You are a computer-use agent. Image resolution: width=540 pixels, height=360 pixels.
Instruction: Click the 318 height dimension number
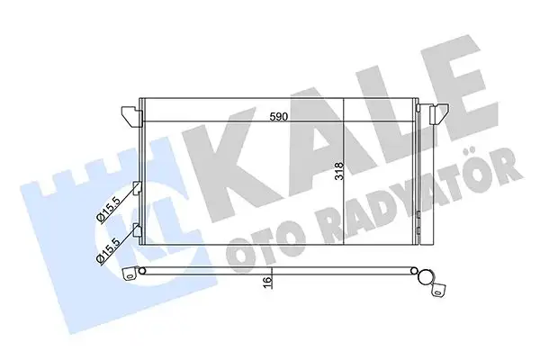337,172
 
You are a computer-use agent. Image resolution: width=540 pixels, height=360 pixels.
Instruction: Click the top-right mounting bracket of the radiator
437,114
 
